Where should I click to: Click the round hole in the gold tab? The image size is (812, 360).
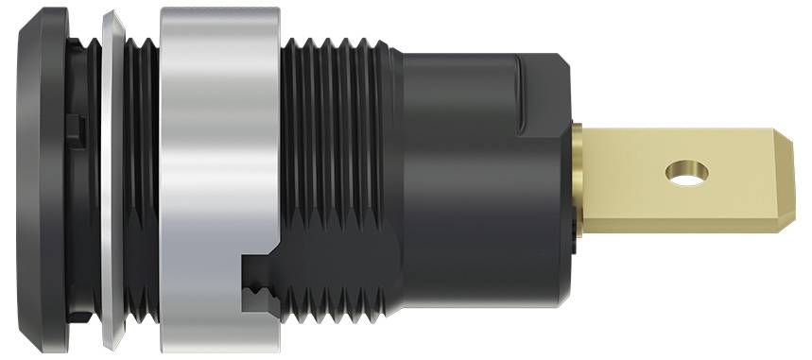click(x=686, y=172)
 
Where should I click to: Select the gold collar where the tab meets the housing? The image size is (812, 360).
click(x=579, y=180)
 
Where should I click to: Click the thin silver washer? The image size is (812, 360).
click(x=112, y=180)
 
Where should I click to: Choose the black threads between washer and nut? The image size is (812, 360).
click(x=142, y=180)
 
